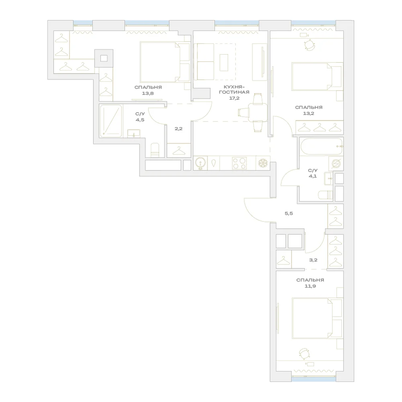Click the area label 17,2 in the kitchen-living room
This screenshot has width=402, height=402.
(x=234, y=98)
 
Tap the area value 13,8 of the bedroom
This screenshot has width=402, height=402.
(x=148, y=93)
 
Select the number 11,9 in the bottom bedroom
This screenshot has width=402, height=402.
(x=310, y=286)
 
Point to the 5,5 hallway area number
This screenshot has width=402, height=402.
(x=289, y=213)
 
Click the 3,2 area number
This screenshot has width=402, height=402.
(x=313, y=260)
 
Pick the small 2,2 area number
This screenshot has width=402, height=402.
(x=178, y=129)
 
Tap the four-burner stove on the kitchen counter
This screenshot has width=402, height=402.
(x=239, y=163)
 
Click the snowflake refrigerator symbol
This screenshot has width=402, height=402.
(x=263, y=163)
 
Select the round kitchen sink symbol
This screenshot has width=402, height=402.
(x=201, y=163)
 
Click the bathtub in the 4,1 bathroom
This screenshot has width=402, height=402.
(x=321, y=147)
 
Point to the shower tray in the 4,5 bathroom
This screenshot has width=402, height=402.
(x=111, y=121)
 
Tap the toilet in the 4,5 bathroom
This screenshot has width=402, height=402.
(x=155, y=150)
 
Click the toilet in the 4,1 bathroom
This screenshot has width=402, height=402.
(x=325, y=195)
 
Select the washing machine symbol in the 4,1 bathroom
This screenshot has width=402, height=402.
(x=336, y=164)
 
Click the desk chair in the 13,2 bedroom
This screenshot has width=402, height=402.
(x=310, y=45)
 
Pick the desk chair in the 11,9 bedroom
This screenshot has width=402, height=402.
(x=305, y=354)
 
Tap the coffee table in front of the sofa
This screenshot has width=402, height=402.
(x=224, y=63)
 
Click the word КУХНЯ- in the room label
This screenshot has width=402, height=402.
(x=234, y=87)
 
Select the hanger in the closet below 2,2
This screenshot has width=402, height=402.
(x=179, y=151)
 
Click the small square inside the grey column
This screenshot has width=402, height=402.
(x=104, y=58)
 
